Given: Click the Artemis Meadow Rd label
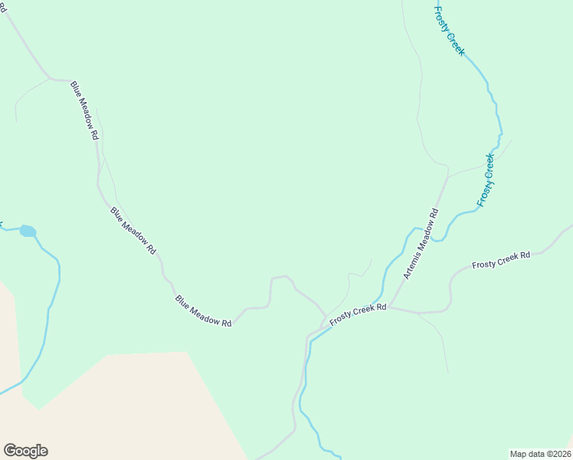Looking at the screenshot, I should tap(421, 243).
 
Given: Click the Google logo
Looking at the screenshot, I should tap(25, 451).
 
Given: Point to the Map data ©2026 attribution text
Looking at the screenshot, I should tap(540, 454).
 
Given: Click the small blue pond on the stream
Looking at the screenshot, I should tap(28, 231).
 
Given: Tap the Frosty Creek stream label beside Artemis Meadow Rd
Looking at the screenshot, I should tap(486, 180).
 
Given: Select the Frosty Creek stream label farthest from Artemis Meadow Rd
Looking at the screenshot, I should tap(450, 30).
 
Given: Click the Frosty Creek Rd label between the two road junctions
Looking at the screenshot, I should tap(358, 312).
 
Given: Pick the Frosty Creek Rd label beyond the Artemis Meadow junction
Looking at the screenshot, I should tap(501, 260).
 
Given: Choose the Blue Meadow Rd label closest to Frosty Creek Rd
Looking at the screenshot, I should tap(203, 311).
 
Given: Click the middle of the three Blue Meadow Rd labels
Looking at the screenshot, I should tap(133, 230).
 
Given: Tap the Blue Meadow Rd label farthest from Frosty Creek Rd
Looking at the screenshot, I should tap(85, 110).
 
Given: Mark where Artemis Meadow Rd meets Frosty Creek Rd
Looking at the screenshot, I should tap(390, 307).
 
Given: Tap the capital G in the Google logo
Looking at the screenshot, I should tap(10, 451).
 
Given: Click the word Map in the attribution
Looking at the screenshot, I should tap(519, 454).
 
